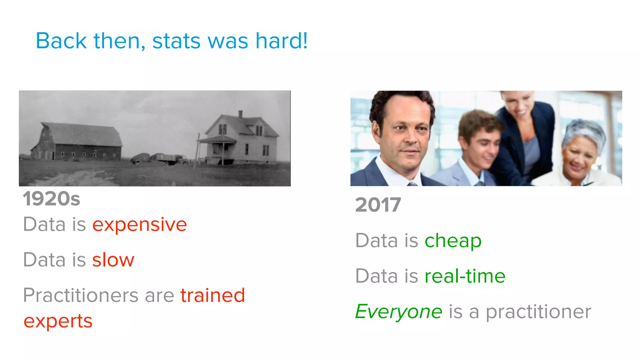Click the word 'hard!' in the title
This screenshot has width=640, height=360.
pyautogui.click(x=281, y=41)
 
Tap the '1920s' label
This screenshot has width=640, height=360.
pyautogui.click(x=52, y=199)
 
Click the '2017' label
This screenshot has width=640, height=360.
pyautogui.click(x=378, y=205)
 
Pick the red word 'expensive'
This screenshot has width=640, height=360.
pyautogui.click(x=139, y=225)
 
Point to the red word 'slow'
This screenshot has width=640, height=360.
pyautogui.click(x=113, y=260)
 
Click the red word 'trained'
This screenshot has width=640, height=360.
pyautogui.click(x=212, y=295)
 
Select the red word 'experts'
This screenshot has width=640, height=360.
pyautogui.click(x=58, y=321)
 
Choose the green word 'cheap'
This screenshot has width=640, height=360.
pyautogui.click(x=453, y=241)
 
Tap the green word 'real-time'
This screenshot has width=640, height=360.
pyautogui.click(x=465, y=276)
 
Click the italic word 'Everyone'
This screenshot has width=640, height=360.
pyautogui.click(x=399, y=312)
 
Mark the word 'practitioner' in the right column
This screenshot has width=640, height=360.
pyautogui.click(x=538, y=312)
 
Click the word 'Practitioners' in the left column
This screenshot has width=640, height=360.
pyautogui.click(x=81, y=295)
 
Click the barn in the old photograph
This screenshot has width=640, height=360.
pyautogui.click(x=78, y=142)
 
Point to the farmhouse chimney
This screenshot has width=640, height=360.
pyautogui.click(x=240, y=114)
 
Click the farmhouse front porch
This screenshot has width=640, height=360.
pyautogui.click(x=217, y=148)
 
